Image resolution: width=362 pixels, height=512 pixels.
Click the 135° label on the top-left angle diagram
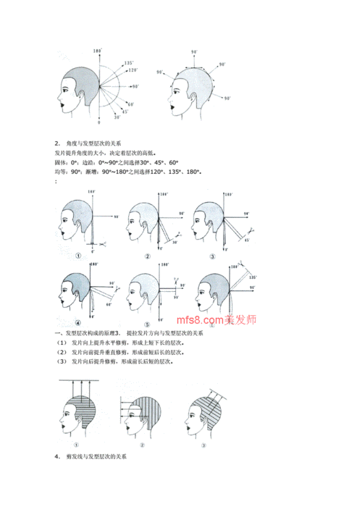[x=129, y=64]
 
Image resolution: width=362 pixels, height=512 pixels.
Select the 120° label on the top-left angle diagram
[x=132, y=70]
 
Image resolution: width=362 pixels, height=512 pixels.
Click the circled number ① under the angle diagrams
[x=77, y=256]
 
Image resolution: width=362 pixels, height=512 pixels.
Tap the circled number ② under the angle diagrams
[x=147, y=256]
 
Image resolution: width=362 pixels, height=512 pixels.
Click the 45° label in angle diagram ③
[x=246, y=240]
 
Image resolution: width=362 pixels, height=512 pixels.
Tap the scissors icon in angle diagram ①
[x=106, y=244]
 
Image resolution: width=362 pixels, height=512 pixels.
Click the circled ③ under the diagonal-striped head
[x=204, y=446]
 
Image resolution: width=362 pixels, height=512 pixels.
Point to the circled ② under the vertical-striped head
[x=142, y=446]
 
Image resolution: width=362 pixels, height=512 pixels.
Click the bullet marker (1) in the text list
[x=60, y=341]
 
